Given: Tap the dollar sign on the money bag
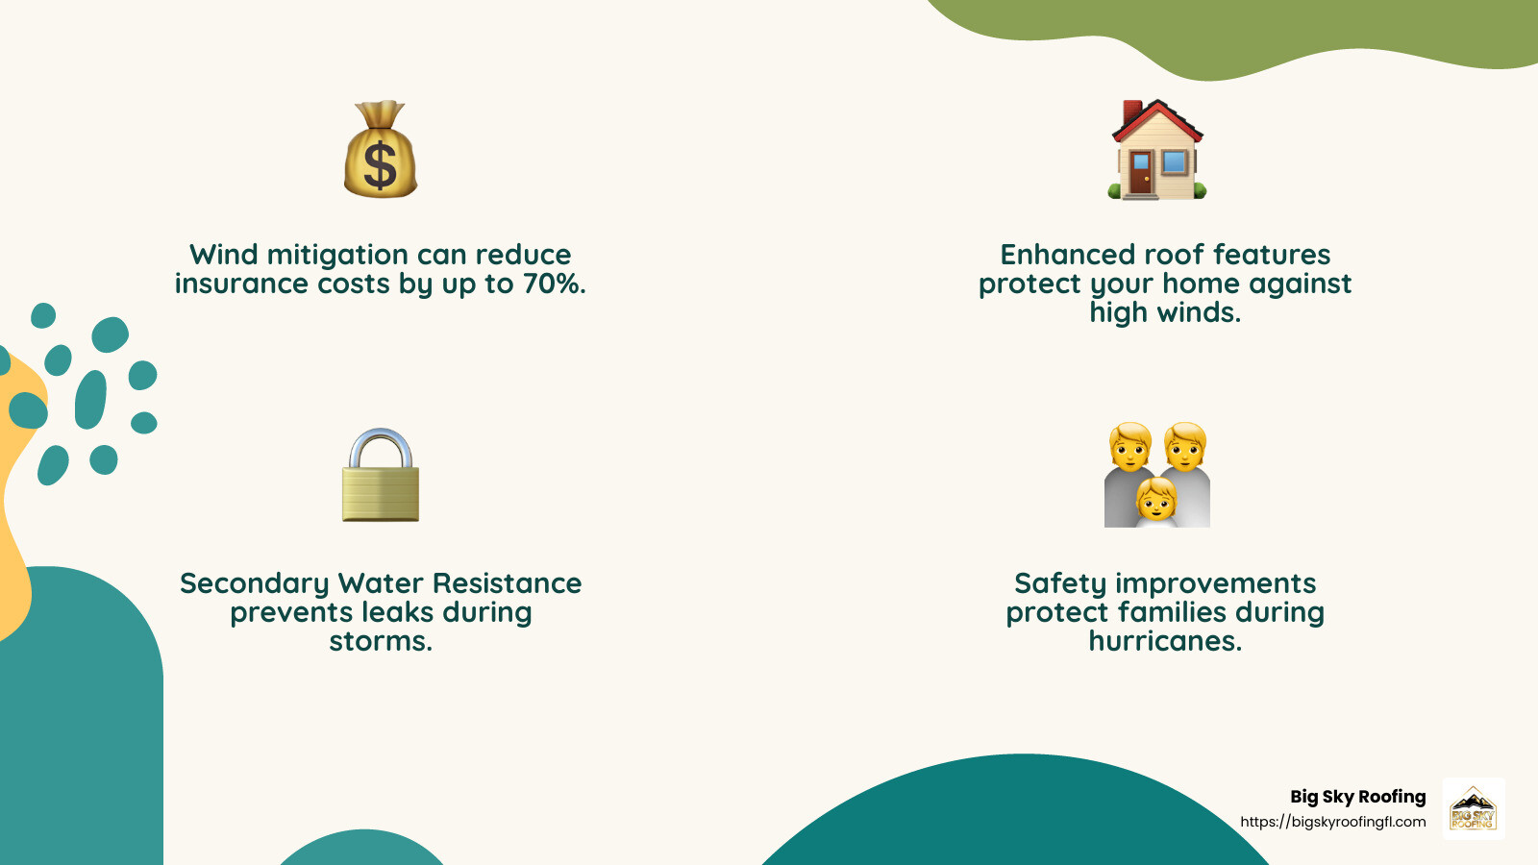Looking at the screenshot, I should (380, 164).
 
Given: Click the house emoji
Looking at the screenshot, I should (1157, 150).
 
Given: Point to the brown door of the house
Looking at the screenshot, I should (1140, 174).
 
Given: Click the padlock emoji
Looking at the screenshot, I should (381, 476).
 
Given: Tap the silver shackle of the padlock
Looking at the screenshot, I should (381, 446).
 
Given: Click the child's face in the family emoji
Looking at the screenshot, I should (1156, 500).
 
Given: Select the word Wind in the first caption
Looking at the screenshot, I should (224, 255).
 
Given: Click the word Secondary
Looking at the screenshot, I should (255, 583).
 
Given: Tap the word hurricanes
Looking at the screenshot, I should (1165, 641).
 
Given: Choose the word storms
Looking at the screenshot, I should (381, 641).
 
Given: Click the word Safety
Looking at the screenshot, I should (1060, 583).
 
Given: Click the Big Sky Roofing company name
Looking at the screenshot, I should (1357, 797).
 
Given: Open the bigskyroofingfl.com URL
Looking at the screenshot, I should (1332, 822).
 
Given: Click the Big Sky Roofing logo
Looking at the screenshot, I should (1473, 808).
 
